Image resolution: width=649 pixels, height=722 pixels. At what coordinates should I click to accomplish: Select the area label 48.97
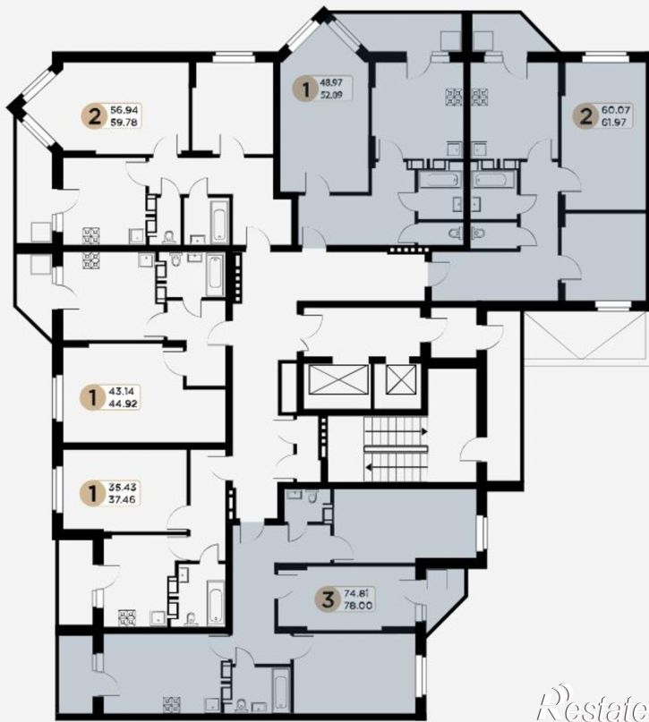331,82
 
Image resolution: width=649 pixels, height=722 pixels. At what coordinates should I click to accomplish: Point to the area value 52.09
331,96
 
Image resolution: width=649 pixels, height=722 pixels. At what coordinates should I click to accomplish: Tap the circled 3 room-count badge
330,599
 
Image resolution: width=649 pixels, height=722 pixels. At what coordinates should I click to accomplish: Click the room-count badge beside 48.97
305,89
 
